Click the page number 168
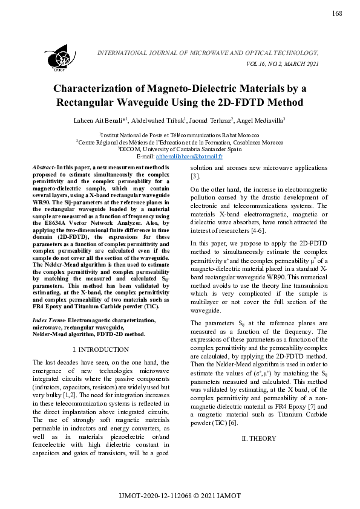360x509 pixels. click(x=337, y=14)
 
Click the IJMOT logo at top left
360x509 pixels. click(x=59, y=58)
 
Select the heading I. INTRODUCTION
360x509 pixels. click(x=101, y=349)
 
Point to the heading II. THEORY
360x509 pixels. click(x=259, y=438)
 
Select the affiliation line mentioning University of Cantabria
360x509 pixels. click(x=180, y=149)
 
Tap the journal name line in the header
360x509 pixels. click(x=208, y=53)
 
